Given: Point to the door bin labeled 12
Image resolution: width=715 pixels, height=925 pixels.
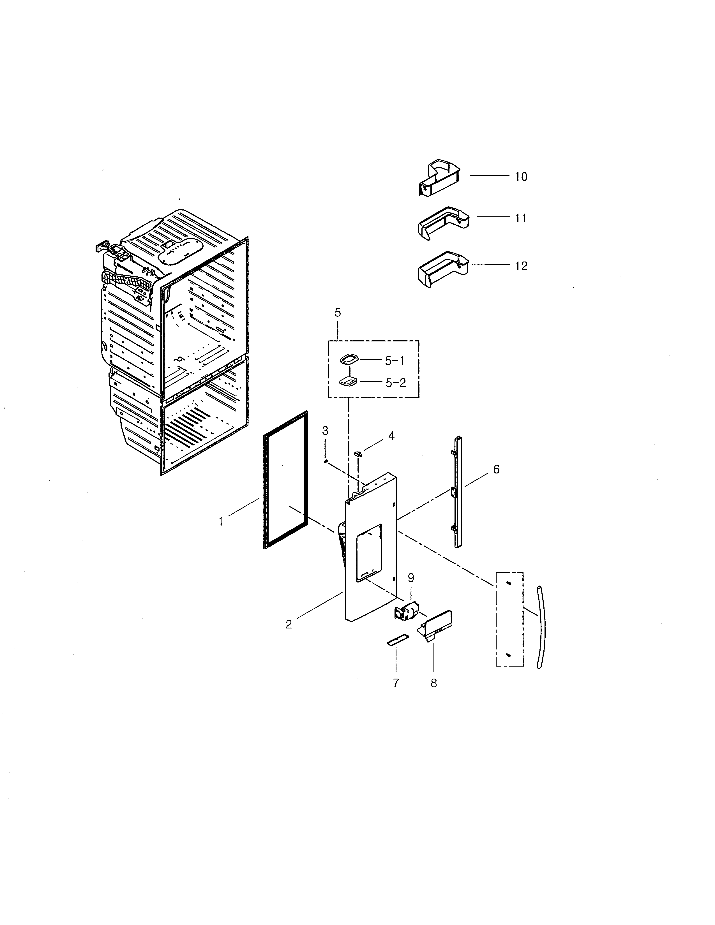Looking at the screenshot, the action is point(443,270).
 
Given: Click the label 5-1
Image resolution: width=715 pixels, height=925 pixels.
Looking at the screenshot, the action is point(395,360).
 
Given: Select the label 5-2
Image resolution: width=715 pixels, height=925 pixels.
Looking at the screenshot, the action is point(396,383).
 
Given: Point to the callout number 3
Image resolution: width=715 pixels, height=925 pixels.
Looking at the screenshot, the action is point(325,431).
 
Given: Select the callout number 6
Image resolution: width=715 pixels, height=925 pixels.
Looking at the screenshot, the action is point(496,469).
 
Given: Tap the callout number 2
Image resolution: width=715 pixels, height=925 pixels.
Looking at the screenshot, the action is point(289,624).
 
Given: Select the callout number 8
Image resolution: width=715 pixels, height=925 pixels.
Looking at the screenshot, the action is point(434,683).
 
